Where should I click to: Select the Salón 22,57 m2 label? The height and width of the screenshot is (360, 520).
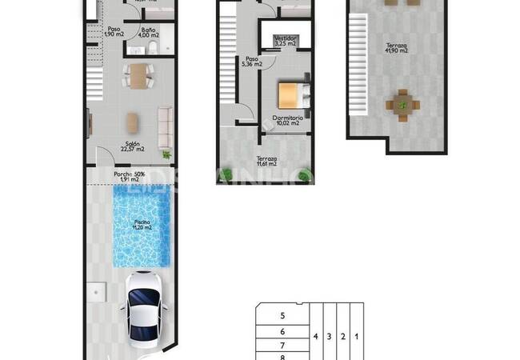(132, 146)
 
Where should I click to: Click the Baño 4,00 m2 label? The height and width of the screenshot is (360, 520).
(148, 33)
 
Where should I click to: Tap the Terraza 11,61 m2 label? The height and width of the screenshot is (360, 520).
(266, 161)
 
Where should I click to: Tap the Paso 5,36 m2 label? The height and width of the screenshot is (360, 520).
(252, 61)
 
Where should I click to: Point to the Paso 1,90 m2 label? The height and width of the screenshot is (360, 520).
(113, 32)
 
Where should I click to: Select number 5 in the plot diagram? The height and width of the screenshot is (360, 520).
(282, 316)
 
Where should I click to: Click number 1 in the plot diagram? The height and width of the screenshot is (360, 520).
(356, 337)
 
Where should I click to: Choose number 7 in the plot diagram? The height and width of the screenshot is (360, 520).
(282, 345)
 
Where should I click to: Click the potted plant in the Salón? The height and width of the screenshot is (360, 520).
(166, 154)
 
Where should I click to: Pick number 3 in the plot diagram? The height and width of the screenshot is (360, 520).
(329, 337)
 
